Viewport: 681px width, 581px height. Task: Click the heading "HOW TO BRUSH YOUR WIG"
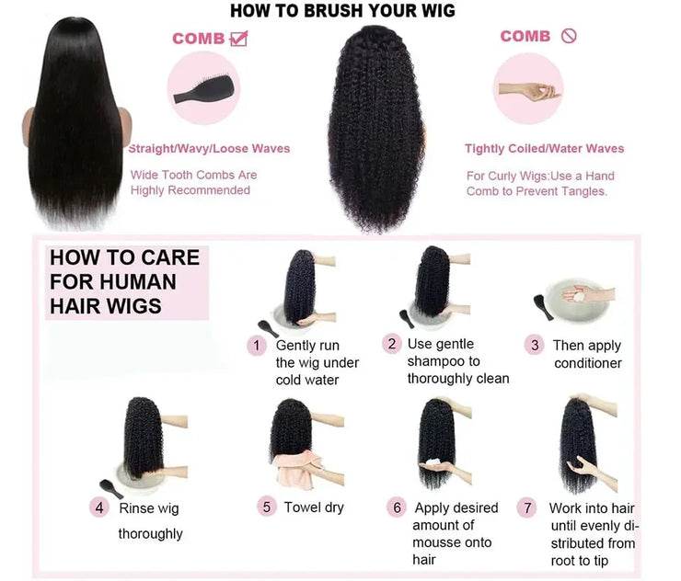341,11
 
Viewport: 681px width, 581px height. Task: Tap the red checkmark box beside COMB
238,38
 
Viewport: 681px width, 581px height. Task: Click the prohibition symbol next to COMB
568,36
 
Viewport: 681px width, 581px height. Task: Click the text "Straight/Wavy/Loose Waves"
209,148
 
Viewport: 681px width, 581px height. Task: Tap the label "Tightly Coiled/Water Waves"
544,148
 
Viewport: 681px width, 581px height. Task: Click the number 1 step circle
256,345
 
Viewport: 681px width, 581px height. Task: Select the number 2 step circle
392,344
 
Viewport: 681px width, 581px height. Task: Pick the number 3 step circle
534,345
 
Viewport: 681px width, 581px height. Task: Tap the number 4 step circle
99,507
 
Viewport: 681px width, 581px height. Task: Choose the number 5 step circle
266,507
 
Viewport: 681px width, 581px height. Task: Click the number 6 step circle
398,507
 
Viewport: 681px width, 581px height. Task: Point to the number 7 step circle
527,507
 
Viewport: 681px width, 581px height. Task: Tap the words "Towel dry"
314,507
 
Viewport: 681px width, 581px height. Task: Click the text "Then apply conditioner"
587,354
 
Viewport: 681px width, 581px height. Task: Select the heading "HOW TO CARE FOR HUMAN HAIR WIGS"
123,281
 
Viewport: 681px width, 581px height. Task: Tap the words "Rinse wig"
148,507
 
